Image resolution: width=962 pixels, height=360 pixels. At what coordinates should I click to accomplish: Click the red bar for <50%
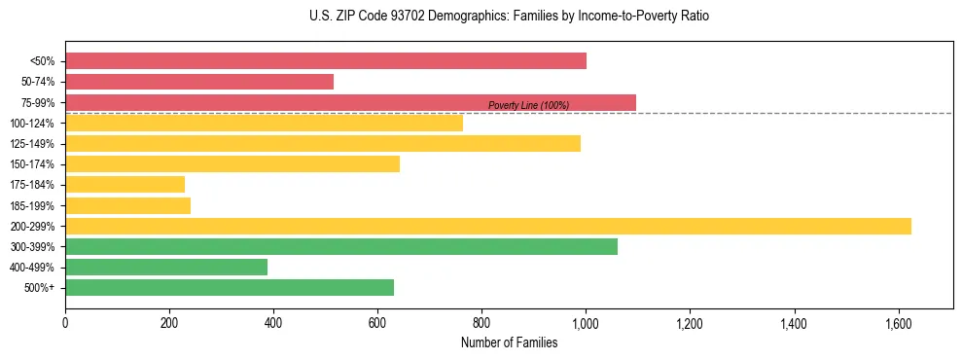point(326,61)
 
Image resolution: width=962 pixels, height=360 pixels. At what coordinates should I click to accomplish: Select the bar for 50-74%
point(199,82)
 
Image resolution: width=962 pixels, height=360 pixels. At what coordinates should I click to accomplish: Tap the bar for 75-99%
point(350,102)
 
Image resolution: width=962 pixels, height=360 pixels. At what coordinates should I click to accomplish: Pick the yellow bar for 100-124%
point(264,123)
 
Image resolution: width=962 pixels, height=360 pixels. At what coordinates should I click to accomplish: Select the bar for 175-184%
point(125,185)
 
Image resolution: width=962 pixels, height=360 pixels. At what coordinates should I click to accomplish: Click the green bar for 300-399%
point(341,247)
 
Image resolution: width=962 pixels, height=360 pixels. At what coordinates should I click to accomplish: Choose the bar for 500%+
point(230,288)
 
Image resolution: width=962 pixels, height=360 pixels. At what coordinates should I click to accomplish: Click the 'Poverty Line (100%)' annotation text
point(528,105)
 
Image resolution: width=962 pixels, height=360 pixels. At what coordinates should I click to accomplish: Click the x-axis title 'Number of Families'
point(509,343)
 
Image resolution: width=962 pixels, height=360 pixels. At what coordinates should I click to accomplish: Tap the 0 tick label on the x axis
point(65,323)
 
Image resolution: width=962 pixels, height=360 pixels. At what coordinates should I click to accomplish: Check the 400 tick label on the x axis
point(273,323)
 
